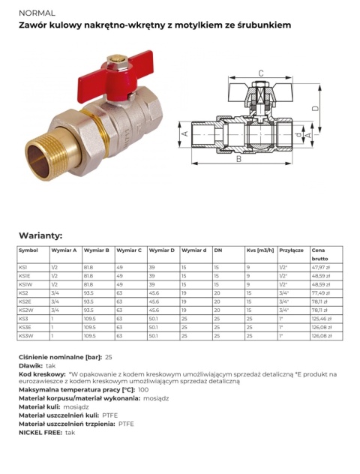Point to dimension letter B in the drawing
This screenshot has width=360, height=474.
(238, 159)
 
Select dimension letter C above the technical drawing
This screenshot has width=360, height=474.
(260, 73)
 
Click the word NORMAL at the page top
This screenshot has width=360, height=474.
(34, 13)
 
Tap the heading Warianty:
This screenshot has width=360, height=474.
(40, 235)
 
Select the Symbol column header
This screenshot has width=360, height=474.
(28, 250)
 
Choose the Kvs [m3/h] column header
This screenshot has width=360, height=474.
(260, 250)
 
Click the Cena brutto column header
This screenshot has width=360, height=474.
(319, 253)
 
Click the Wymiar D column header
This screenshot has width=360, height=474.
(162, 250)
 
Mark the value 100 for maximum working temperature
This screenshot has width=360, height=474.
(143, 389)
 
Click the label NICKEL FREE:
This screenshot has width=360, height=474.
(40, 432)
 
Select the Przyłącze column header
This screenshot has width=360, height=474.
(291, 250)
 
